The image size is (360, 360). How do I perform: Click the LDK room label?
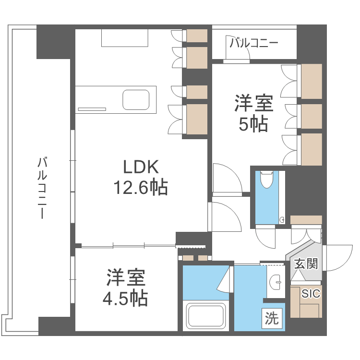tap(141, 167)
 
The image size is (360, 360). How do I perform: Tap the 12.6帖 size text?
tap(141, 187)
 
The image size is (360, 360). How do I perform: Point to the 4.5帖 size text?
tap(125, 299)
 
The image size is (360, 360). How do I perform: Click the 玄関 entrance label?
tap(306, 264)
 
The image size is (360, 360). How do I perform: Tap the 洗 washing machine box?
tap(272, 318)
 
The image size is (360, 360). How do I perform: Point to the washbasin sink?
tap(276, 282)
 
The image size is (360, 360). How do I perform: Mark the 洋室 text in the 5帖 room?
tap(253, 103)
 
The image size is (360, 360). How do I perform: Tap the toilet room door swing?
tap(265, 235)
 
